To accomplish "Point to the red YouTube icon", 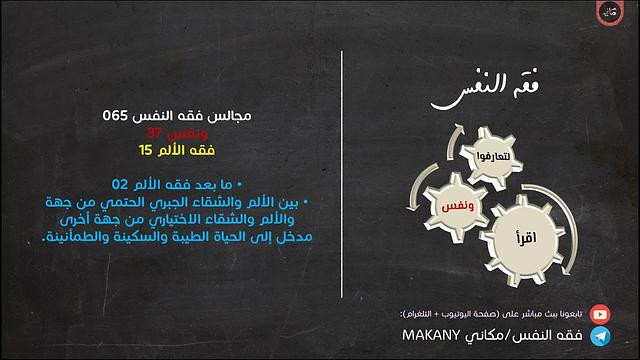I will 599,312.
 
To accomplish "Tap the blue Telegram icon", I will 599,337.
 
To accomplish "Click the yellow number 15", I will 147,150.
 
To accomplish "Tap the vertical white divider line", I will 342,180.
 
